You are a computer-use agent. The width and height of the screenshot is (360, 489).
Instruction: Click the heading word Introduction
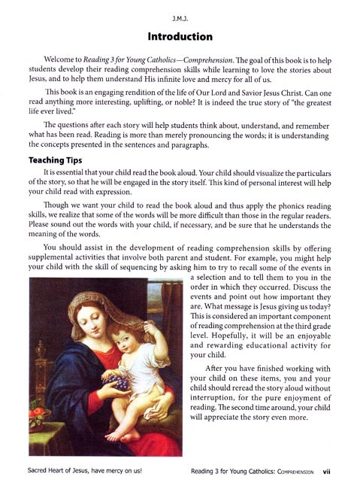pyautogui.click(x=180, y=36)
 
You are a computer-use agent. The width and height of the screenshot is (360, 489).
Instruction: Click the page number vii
pyautogui.click(x=327, y=472)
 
